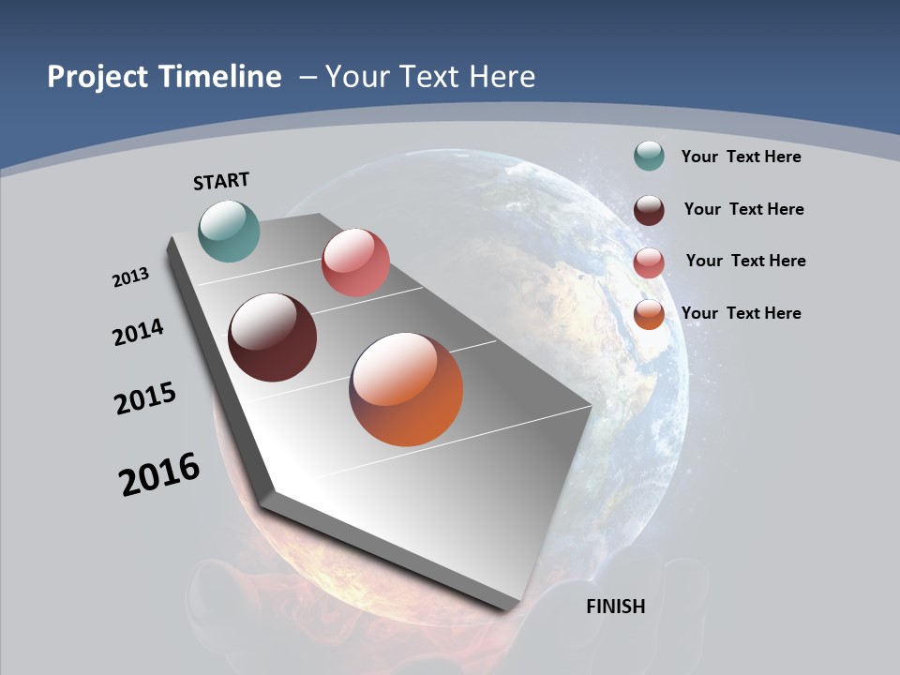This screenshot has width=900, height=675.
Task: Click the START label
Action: coord(221,181)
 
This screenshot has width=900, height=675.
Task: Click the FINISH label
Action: coord(615,607)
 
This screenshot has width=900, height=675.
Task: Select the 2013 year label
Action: coord(130,277)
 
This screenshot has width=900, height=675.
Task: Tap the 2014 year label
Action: coord(138,333)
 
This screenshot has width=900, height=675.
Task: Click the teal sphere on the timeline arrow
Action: coord(229,231)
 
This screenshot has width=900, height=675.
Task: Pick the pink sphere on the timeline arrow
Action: coord(355,262)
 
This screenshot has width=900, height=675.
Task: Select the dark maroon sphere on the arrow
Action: coord(272,337)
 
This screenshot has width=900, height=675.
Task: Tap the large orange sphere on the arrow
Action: coord(406,389)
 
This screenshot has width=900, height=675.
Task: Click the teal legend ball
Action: coord(649,157)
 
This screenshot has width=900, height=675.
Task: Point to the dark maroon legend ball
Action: coord(649,210)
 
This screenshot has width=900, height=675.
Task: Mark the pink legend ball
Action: coord(649,262)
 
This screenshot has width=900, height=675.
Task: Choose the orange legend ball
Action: coord(649,314)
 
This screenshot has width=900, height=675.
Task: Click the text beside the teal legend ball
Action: coord(741,157)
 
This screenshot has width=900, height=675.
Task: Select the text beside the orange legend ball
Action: coord(741,313)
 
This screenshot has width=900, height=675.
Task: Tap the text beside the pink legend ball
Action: coord(745,261)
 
